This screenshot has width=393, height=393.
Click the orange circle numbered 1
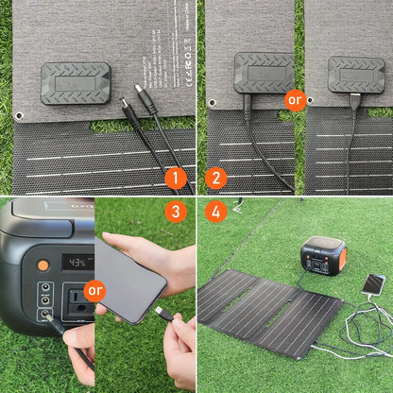pos(176,178)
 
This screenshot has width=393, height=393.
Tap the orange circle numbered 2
pos(215,178)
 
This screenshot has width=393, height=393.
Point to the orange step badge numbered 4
pos(215,212)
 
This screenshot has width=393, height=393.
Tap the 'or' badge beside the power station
pos(94,290)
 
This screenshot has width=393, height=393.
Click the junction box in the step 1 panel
pos(77,82)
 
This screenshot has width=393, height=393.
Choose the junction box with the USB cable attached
pos(356,74)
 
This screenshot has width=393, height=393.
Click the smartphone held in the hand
pos(129,279)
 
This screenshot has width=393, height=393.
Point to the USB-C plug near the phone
pos(160,311)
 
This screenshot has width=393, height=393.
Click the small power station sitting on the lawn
pos(322,256)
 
